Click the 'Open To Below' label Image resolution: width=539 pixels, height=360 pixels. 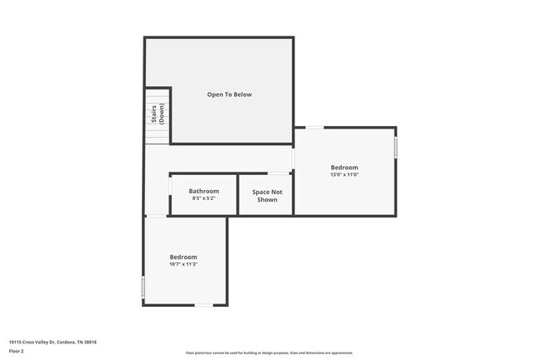(229, 95)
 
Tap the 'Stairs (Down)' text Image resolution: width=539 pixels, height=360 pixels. (158, 115)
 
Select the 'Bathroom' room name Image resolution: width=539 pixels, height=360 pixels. (203, 191)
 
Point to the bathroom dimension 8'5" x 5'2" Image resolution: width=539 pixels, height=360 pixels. (203, 199)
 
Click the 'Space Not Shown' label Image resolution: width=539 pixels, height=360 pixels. (267, 196)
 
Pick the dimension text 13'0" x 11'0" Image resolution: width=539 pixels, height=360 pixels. (344, 175)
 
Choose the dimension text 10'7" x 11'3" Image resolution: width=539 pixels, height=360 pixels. (183, 265)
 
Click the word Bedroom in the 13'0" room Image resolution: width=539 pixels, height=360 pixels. (344, 167)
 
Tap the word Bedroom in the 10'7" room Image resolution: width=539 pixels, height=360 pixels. (183, 257)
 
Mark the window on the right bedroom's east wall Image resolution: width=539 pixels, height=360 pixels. (396, 147)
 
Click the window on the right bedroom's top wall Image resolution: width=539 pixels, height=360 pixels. (314, 128)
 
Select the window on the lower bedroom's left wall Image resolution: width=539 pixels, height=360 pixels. (143, 287)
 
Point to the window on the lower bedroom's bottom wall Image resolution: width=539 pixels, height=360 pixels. (203, 305)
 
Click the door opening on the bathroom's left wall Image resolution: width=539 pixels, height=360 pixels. (170, 189)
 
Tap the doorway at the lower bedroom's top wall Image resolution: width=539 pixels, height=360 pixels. (157, 216)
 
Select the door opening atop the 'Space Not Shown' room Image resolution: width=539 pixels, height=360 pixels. (279, 173)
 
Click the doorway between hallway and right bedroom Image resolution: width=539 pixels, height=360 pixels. (294, 158)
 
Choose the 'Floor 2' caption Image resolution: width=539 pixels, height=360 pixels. (17, 351)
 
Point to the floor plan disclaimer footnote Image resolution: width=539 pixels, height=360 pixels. (269, 353)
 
